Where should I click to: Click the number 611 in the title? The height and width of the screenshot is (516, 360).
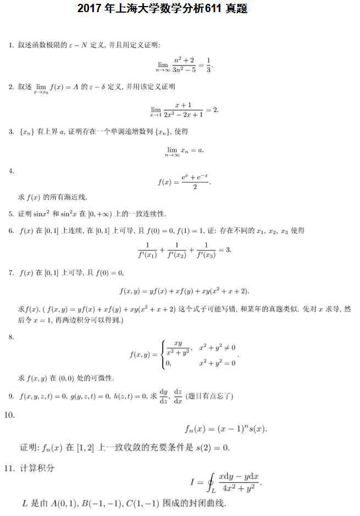point(213,9)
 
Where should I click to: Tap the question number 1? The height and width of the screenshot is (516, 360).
point(11,44)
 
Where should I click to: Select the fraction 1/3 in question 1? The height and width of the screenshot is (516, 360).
point(208,64)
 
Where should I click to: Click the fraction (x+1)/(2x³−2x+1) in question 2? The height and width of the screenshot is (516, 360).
point(183,109)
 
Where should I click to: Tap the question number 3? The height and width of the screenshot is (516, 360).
point(11,132)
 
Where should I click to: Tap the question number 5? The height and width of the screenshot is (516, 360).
point(11,213)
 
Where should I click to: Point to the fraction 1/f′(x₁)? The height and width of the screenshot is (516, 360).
point(147,250)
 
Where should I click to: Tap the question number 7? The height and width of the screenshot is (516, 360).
point(11,273)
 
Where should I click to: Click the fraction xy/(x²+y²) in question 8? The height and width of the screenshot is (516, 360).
point(178,347)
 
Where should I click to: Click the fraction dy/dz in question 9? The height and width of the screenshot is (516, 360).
point(163,395)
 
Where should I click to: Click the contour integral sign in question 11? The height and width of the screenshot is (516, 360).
point(210,483)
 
